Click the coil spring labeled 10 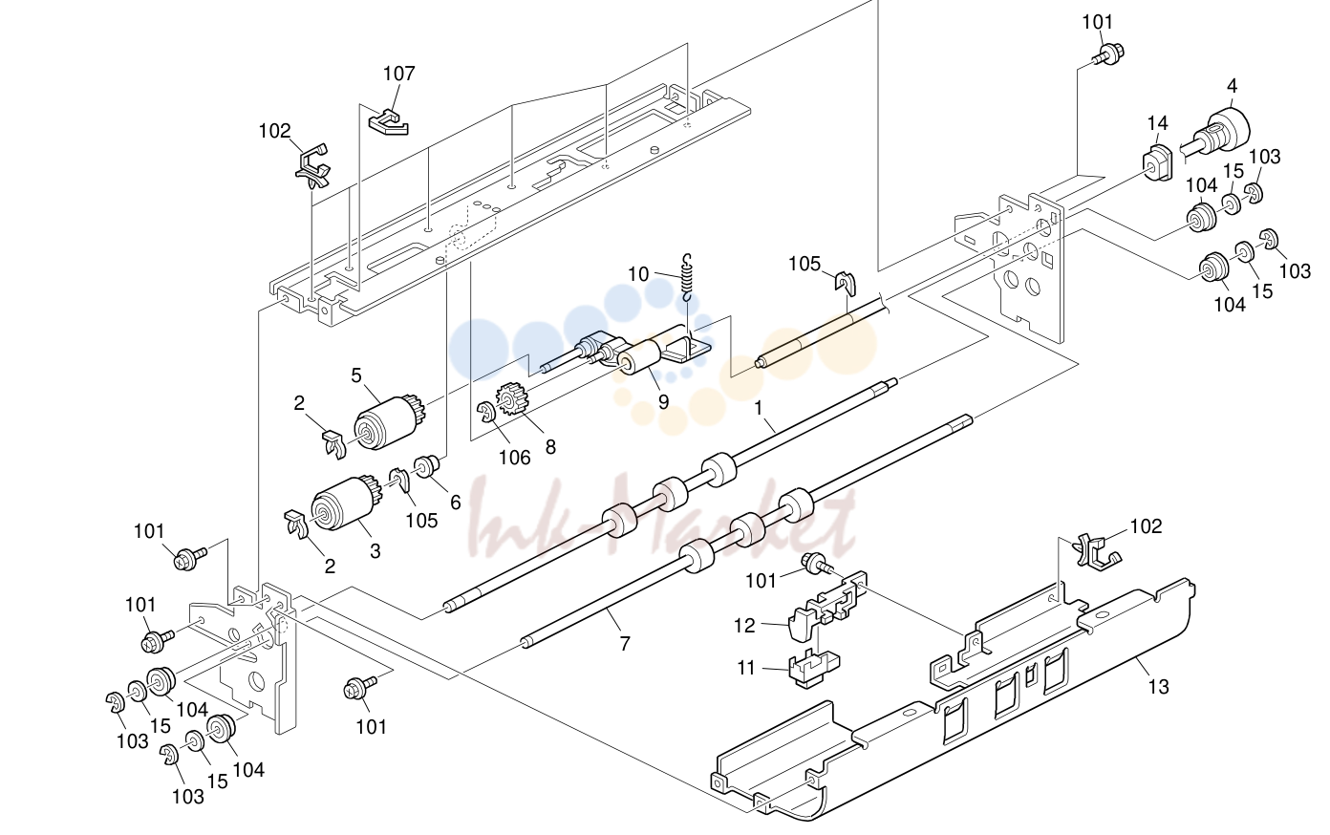(x=687, y=277)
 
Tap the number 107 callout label (x=399, y=74)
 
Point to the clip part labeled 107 (x=388, y=121)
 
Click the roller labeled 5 (x=390, y=422)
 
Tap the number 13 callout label (x=1158, y=687)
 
